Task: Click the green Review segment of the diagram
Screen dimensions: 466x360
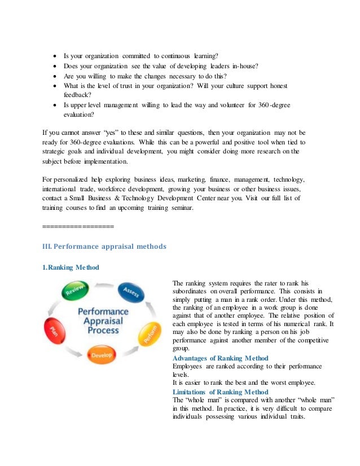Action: pyautogui.click(x=74, y=289)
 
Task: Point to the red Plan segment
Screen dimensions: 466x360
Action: pyautogui.click(x=55, y=331)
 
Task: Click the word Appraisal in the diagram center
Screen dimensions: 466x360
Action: pyautogui.click(x=103, y=320)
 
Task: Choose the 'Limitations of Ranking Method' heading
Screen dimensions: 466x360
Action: pyautogui.click(x=220, y=392)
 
